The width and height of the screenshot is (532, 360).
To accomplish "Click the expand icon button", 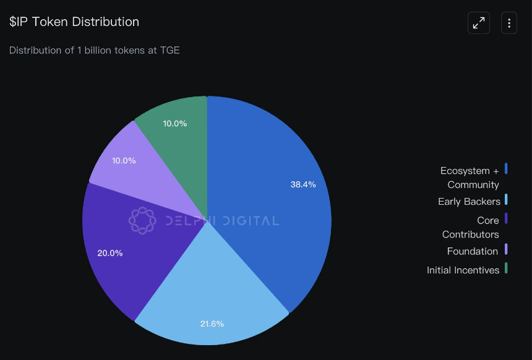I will [479, 23].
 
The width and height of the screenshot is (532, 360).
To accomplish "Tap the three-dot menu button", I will [509, 23].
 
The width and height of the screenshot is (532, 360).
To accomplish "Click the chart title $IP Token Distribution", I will [74, 22].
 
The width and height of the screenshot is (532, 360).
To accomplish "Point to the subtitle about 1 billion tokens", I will [95, 50].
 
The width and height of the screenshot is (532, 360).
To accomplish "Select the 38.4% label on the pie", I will [303, 184].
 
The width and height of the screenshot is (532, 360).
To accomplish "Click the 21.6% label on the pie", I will [212, 324].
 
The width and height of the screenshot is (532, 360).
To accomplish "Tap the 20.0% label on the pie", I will [110, 253].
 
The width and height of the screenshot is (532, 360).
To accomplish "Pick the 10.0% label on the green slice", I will [175, 123].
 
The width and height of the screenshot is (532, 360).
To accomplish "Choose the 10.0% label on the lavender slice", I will [124, 160].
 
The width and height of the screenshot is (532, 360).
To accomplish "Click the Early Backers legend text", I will [469, 202].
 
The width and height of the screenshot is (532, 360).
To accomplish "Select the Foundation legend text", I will [473, 251].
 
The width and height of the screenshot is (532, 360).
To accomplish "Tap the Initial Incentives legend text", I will [463, 270].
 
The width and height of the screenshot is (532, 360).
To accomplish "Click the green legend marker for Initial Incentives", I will [506, 268].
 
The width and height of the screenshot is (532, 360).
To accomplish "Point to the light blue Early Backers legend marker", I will [506, 199].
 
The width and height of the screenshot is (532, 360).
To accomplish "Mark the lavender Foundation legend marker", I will [506, 249].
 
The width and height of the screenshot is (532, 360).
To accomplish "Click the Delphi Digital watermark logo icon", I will [142, 220].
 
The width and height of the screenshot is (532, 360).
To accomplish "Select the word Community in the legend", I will [473, 185].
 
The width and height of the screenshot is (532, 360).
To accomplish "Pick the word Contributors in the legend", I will [470, 234].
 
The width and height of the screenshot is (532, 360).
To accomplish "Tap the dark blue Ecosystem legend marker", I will [506, 168].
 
